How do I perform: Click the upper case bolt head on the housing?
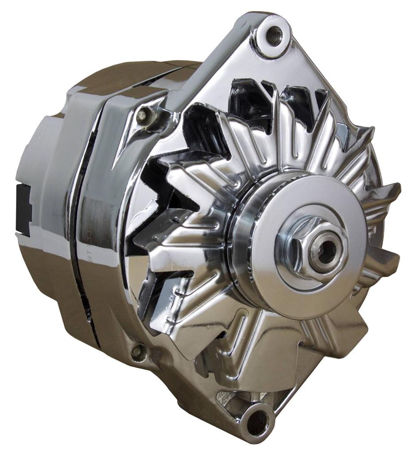pyautogui.click(x=142, y=116)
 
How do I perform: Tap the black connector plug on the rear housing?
pyautogui.click(x=23, y=208)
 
